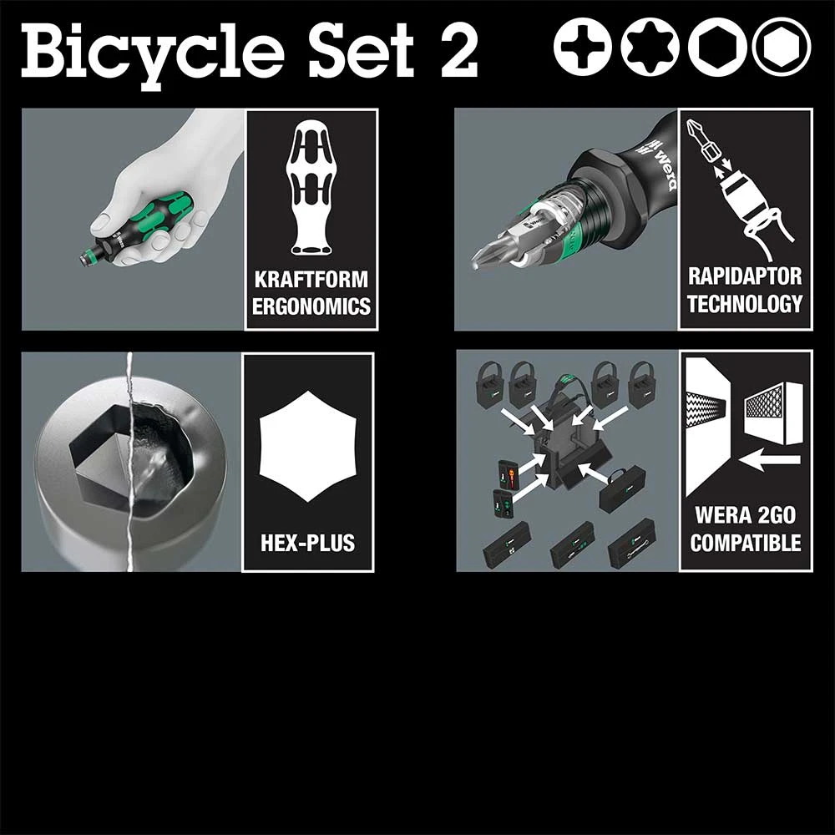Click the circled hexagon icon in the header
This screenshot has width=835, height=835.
click(x=781, y=47)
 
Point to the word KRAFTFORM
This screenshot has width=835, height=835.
click(x=311, y=279)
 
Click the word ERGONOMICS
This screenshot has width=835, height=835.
click(x=311, y=306)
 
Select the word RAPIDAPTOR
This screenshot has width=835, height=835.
click(x=745, y=276)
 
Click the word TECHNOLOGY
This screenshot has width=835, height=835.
click(x=745, y=303)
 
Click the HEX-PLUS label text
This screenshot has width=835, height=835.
click(x=307, y=543)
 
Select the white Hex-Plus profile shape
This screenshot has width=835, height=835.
click(x=307, y=448)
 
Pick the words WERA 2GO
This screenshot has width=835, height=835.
click(x=745, y=515)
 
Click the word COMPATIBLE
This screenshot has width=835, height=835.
click(x=745, y=543)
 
